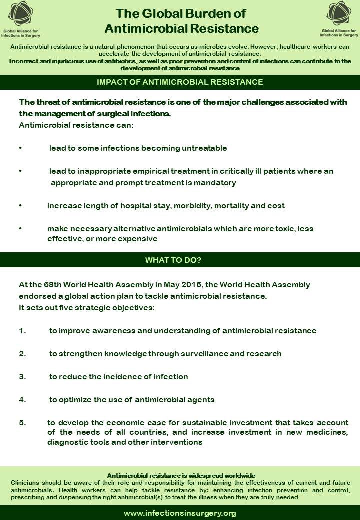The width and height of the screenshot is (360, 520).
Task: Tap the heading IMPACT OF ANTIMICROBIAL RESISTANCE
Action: tap(180, 82)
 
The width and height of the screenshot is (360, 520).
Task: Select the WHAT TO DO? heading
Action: tap(180, 260)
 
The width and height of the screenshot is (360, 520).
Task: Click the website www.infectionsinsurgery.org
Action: tap(180, 513)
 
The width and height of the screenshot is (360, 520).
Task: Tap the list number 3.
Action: tap(22, 376)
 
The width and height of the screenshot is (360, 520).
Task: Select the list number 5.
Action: tap(22, 422)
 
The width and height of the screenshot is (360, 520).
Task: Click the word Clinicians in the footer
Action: tap(25, 483)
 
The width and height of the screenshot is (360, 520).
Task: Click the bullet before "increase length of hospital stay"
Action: tap(20, 205)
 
